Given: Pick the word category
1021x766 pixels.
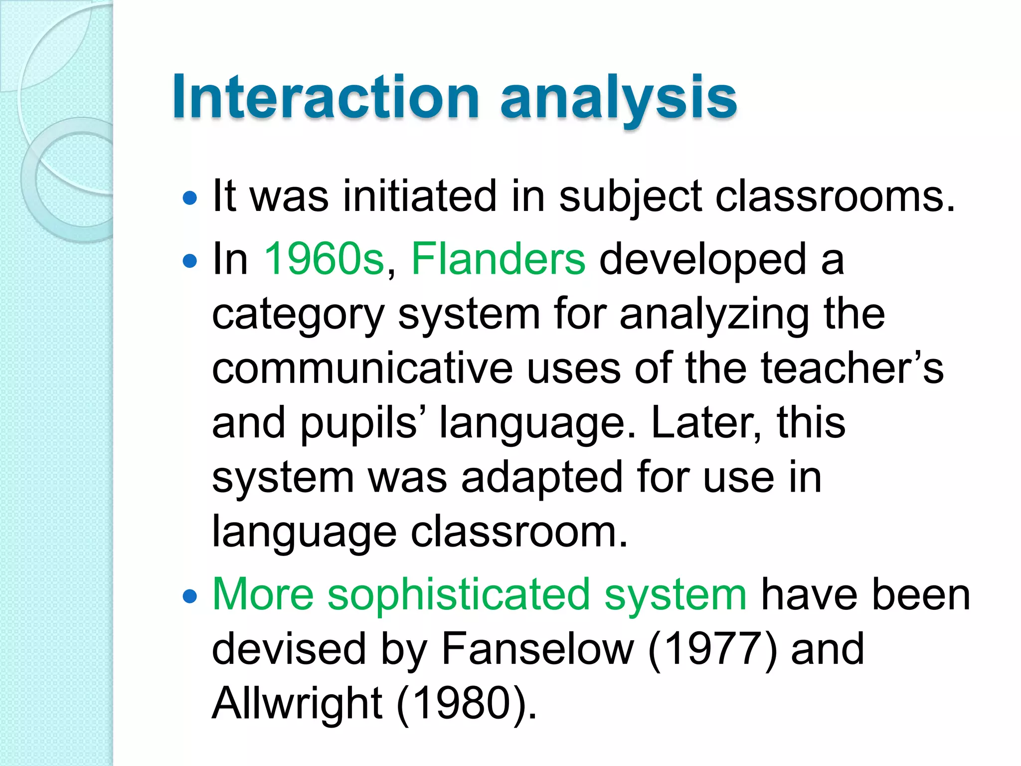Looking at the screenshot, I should pyautogui.click(x=298, y=315).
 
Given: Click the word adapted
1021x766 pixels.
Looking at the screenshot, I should pyautogui.click(x=542, y=478).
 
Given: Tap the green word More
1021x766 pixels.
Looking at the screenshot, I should pyautogui.click(x=263, y=594).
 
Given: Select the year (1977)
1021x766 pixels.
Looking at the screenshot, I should pyautogui.click(x=712, y=649).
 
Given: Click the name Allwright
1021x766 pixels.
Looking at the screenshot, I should pyautogui.click(x=297, y=703).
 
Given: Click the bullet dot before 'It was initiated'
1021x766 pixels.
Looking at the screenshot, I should pyautogui.click(x=190, y=198).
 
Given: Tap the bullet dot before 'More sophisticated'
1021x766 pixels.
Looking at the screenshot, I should pyautogui.click(x=190, y=596).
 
